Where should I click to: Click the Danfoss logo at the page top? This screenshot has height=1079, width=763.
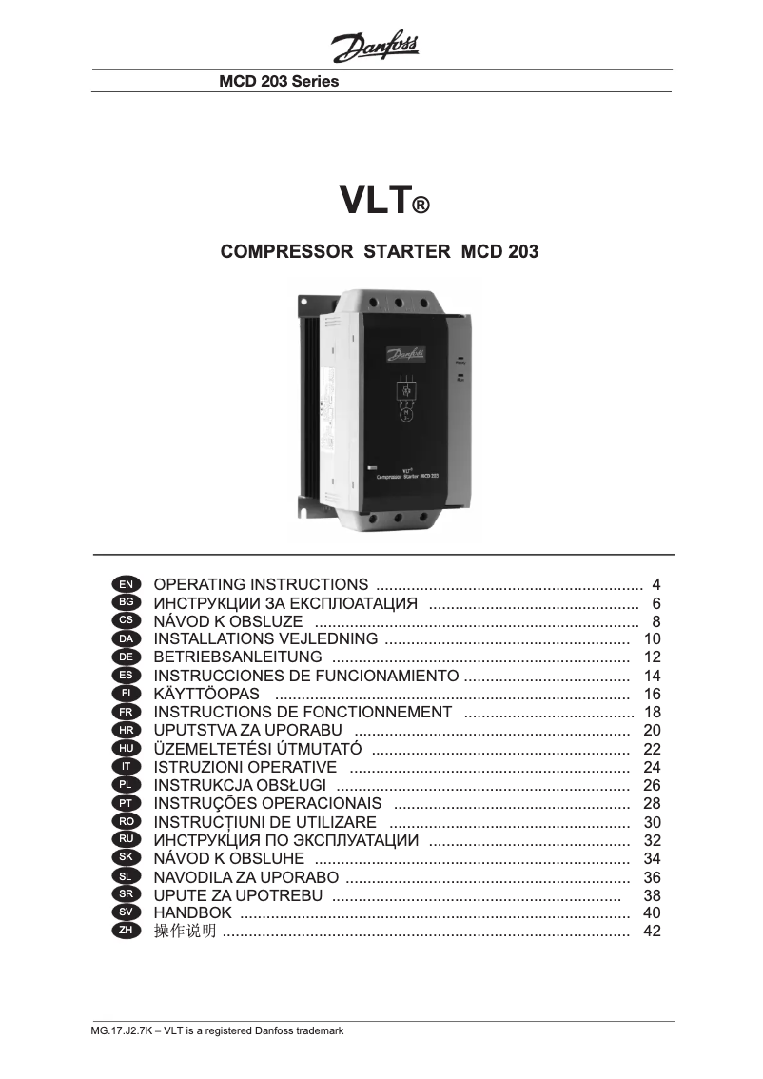375,45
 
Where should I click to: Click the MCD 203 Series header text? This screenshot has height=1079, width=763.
279,82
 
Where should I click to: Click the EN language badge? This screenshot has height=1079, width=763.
127,584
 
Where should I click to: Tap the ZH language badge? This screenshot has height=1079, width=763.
127,931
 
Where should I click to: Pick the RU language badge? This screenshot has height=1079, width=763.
127,839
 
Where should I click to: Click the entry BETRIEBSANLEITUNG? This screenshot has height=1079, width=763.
238,657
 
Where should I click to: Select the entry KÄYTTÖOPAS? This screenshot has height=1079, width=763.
206,694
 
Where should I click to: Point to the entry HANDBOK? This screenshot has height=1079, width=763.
192,912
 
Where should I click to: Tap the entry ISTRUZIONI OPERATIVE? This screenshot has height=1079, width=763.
245,767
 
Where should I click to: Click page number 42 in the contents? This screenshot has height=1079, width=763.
652,931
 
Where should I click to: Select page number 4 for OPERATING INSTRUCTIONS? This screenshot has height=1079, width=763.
655,584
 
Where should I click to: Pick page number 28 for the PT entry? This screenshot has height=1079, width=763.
652,803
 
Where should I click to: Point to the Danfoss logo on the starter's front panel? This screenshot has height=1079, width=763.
406,354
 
